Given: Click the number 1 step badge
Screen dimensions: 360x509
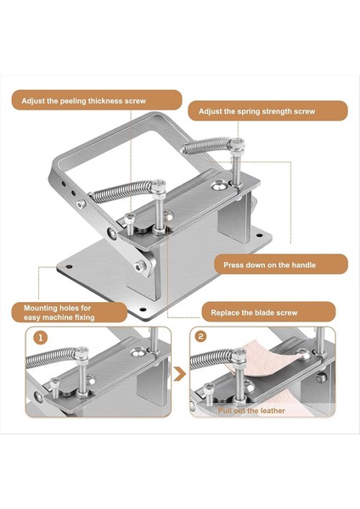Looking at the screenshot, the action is click(41, 338).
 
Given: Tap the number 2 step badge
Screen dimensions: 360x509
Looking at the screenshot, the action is click(200, 336).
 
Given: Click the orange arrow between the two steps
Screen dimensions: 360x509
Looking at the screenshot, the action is click(180, 374).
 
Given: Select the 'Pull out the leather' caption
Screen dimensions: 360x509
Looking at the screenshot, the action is click(251, 411).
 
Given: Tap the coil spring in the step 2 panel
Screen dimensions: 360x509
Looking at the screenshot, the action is click(213, 359).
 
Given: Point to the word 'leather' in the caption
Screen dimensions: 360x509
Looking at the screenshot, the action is click(272, 411).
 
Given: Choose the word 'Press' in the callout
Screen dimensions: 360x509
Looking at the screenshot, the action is click(233, 265).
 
